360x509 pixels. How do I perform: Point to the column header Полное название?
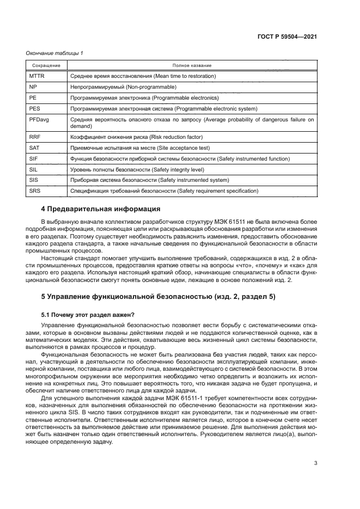coord(192,65)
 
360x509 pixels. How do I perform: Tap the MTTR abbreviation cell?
coord(36,76)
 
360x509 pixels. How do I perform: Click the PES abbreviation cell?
coord(34,108)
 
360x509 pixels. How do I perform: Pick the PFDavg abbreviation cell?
coord(39,119)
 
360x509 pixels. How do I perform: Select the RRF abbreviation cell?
coord(35,137)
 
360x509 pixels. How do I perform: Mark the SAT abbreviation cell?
coord(34,148)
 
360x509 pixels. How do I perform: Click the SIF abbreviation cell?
coord(34,158)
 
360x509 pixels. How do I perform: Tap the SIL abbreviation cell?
coord(33,169)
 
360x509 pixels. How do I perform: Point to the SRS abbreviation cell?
coord(34,191)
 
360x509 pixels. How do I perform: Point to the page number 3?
coord(316,464)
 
